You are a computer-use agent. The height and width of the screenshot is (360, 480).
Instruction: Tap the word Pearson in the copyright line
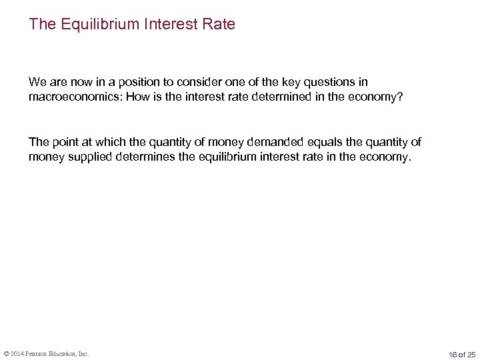pyautogui.click(x=38, y=353)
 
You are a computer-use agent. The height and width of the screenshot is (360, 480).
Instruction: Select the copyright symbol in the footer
pyautogui.click(x=6, y=353)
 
